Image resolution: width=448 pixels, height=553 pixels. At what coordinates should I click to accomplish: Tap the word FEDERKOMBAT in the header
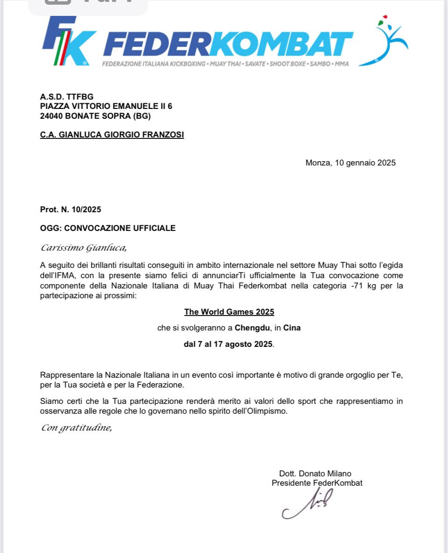[x=228, y=44]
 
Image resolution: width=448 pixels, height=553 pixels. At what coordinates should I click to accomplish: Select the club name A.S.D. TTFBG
[x=67, y=97]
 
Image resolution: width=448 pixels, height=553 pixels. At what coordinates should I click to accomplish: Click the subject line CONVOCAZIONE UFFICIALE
[x=119, y=228]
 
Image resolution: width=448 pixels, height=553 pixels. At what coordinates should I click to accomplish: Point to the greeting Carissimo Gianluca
[x=84, y=247]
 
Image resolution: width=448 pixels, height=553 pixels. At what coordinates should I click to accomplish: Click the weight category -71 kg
[x=362, y=286]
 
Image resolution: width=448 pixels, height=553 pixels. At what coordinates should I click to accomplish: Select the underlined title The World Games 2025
[x=229, y=312]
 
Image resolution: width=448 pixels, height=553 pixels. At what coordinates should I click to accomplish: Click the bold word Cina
[x=292, y=328]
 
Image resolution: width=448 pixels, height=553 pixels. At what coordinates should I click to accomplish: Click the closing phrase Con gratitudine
[x=77, y=427]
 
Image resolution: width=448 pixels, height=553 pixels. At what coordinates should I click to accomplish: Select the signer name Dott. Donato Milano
[x=315, y=474]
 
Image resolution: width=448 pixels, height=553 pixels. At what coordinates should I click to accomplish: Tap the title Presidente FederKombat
[x=317, y=483]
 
